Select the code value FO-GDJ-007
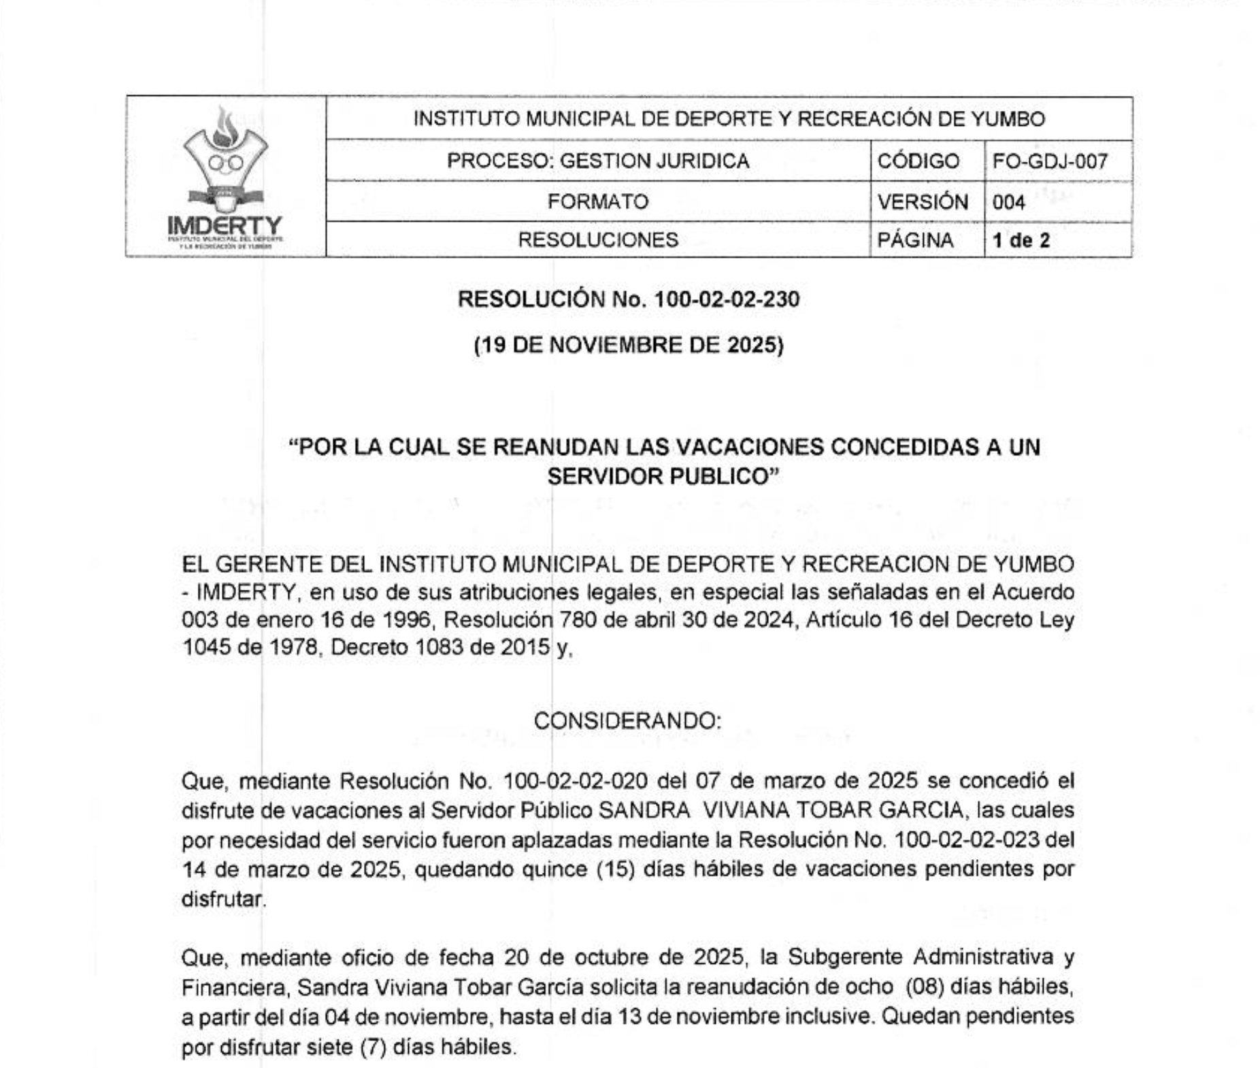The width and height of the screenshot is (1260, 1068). [1050, 161]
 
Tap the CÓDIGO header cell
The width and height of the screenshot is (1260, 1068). [918, 161]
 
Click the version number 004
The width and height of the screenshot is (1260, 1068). [1009, 202]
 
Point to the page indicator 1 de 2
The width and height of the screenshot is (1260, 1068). [1021, 240]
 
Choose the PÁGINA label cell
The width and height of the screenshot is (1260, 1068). [915, 240]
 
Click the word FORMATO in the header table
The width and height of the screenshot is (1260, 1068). [598, 202]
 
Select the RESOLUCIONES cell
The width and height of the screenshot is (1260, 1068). [598, 240]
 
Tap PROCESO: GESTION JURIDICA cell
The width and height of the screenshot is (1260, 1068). [598, 161]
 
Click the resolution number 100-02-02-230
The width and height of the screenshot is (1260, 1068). [727, 299]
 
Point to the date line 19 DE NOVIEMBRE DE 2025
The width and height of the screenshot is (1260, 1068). [629, 346]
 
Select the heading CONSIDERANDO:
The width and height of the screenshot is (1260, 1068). [627, 720]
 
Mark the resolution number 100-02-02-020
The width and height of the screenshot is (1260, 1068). [575, 781]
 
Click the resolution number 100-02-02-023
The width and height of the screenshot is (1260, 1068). [967, 840]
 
